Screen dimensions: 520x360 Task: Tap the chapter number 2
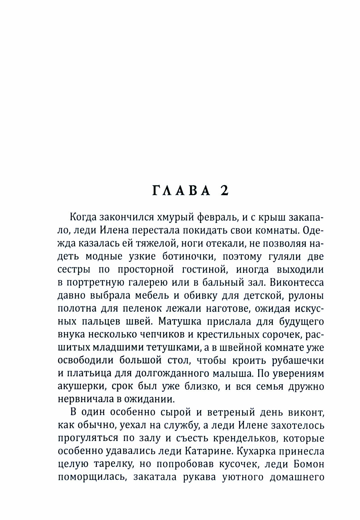click(x=224, y=191)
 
